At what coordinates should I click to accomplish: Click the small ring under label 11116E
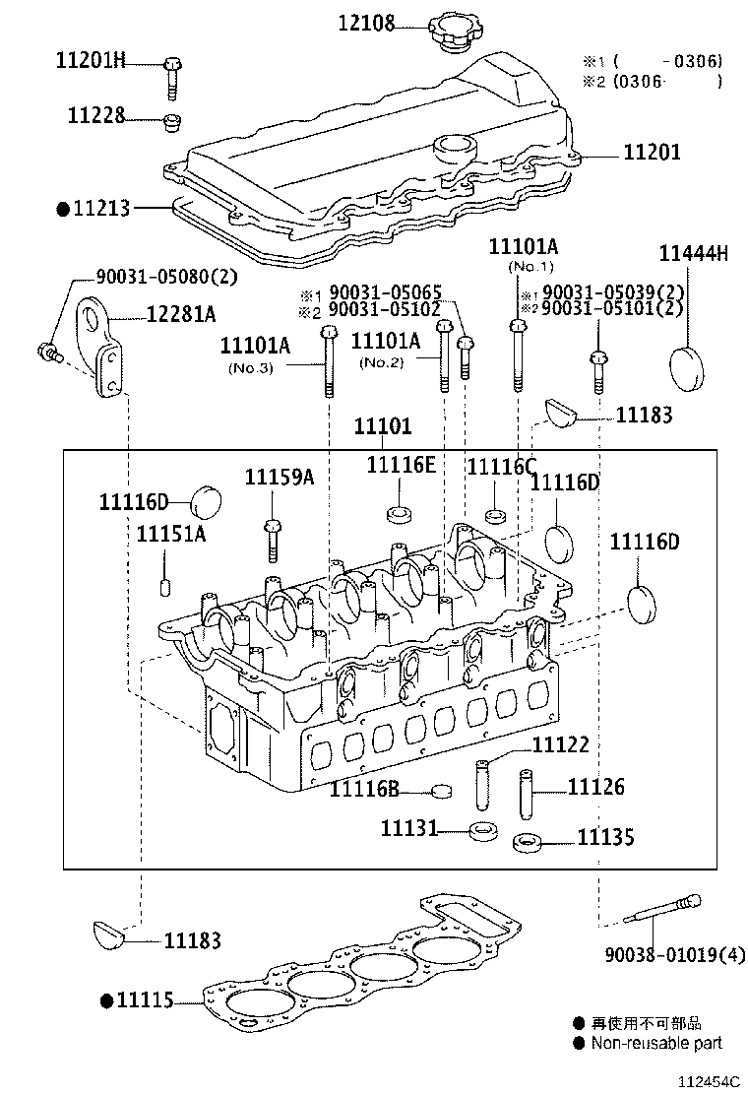click(x=399, y=515)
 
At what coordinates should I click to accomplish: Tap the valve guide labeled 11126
click(x=528, y=792)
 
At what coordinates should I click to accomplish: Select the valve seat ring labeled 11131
click(x=483, y=831)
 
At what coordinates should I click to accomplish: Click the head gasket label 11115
click(x=144, y=1000)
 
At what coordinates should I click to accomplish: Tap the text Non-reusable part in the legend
click(x=656, y=1043)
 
